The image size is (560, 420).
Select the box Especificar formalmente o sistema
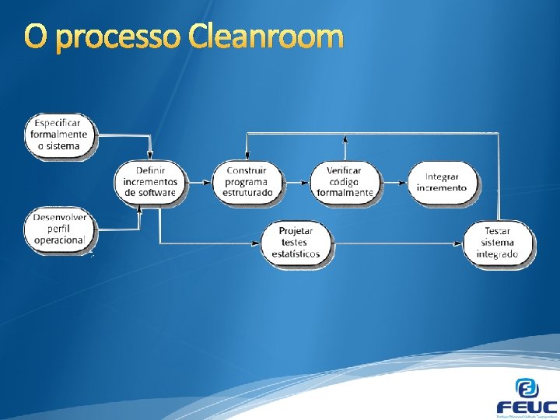click(59, 135)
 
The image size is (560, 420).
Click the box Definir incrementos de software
click(150, 182)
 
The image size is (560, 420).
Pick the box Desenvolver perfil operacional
click(59, 229)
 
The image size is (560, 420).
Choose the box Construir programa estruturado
click(247, 182)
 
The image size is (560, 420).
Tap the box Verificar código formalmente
click(345, 182)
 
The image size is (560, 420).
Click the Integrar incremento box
click(442, 183)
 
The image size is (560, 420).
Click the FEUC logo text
click(527, 407)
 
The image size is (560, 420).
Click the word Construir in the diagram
click(247, 171)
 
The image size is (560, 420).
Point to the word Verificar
click(344, 171)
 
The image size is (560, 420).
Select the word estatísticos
click(296, 254)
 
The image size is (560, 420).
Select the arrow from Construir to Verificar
click(296, 182)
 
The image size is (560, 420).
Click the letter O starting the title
click(36, 36)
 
